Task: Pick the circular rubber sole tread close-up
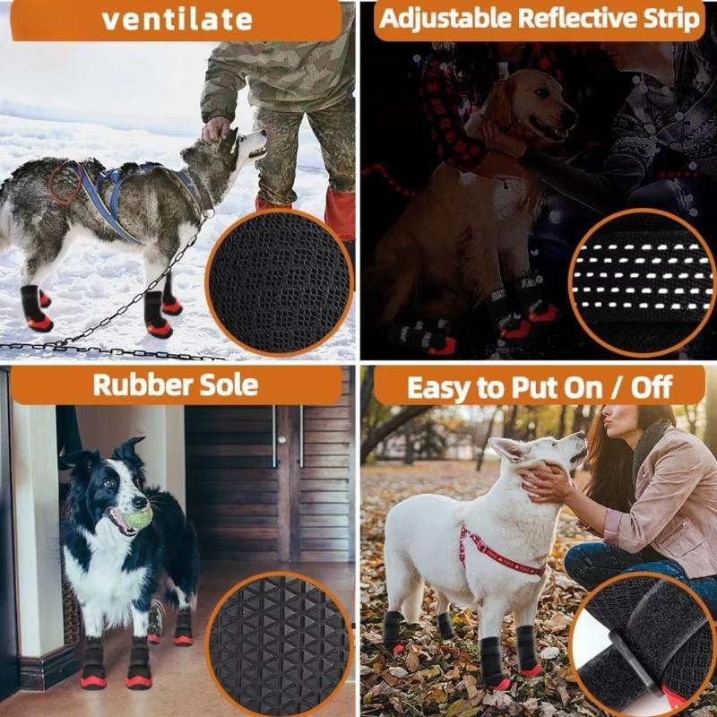click(279, 644)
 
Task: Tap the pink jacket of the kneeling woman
click(663, 502)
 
